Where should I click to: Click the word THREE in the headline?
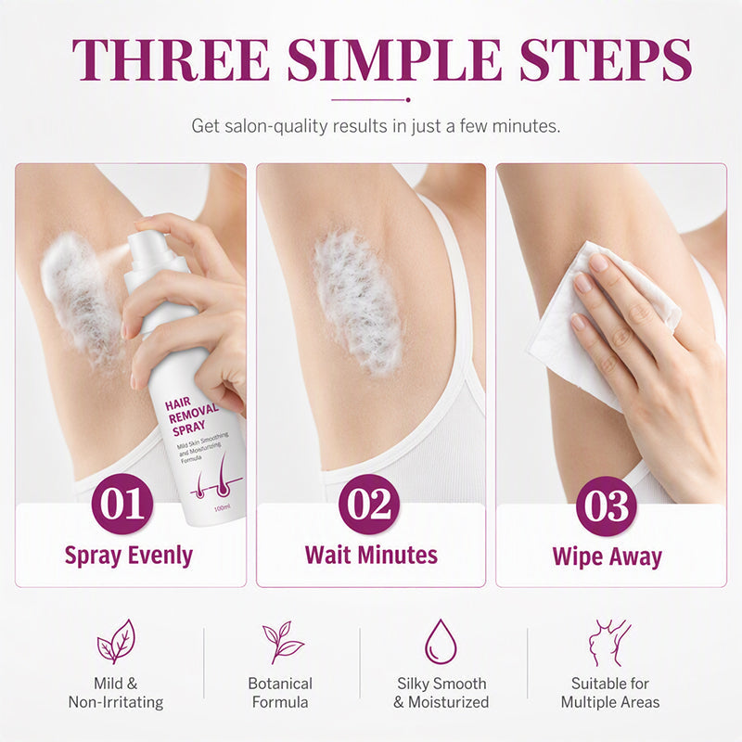click(171, 59)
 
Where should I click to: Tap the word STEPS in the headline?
click(607, 59)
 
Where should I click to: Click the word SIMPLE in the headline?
click(395, 59)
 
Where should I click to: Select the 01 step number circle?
click(122, 504)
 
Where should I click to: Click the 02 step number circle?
click(369, 505)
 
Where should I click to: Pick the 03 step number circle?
click(607, 505)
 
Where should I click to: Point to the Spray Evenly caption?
click(129, 556)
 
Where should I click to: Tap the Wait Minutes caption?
click(371, 555)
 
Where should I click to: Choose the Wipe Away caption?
click(608, 557)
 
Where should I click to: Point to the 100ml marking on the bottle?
click(223, 508)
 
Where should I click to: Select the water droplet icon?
click(441, 642)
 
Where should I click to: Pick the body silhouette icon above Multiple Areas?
click(609, 643)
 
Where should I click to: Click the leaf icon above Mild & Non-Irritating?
click(117, 641)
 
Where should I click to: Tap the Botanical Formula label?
click(280, 693)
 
